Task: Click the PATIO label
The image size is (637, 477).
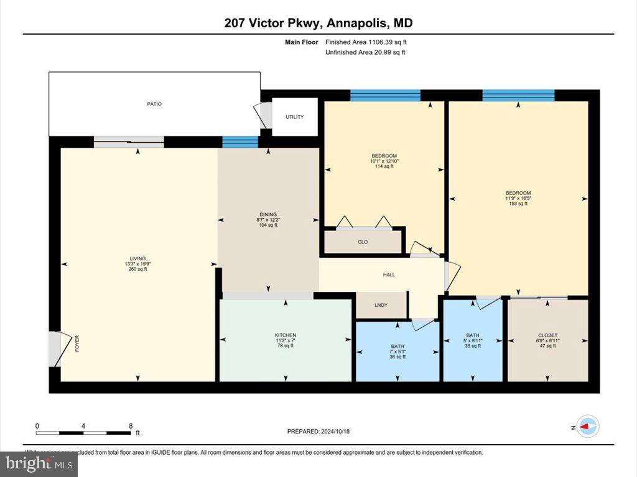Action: coord(154,104)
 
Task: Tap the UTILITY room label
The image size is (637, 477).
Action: coord(295,117)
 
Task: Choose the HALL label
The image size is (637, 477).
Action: coord(388,275)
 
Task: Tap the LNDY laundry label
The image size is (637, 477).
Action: coord(381,305)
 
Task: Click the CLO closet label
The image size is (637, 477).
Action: coord(363,242)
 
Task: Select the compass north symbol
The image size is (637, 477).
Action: coord(588,427)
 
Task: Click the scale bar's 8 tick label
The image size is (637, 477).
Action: coord(131,426)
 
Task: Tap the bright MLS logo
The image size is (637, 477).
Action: coord(39,463)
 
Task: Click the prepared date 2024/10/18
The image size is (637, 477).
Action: coord(322,431)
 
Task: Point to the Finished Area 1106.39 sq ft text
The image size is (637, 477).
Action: coord(366,42)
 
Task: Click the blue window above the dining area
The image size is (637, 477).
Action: coord(240,142)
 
